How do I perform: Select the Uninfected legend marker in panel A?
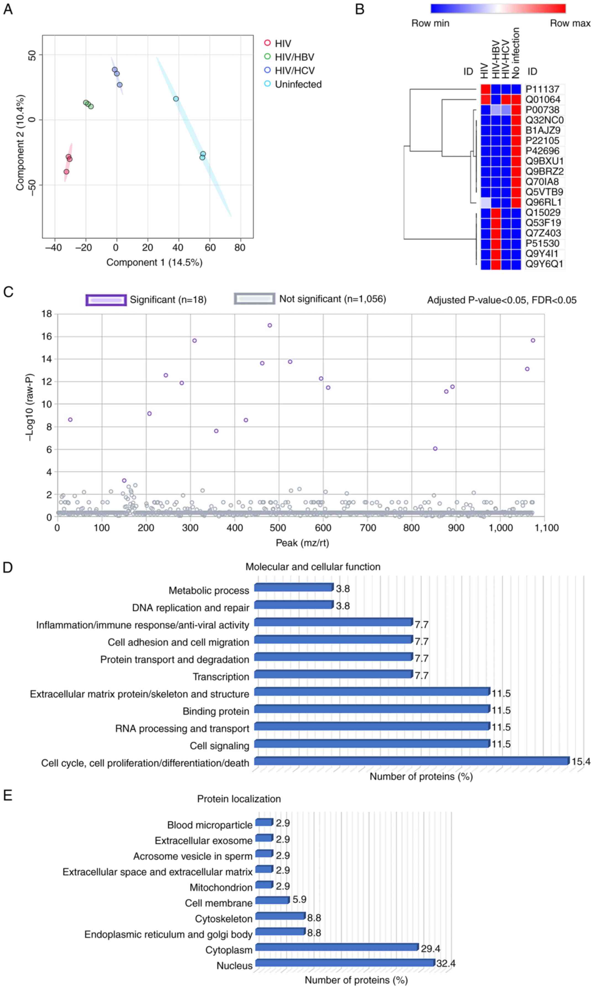click(x=267, y=84)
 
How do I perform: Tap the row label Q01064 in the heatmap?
click(x=543, y=99)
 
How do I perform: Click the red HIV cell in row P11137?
click(x=485, y=89)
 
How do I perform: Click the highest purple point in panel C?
click(x=270, y=325)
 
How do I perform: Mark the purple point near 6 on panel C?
click(x=435, y=448)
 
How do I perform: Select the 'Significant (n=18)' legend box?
click(x=106, y=300)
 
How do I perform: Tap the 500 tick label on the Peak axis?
click(x=278, y=528)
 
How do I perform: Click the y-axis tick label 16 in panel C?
click(x=47, y=336)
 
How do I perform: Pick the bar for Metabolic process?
click(x=293, y=587)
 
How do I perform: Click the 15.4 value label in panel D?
click(x=581, y=762)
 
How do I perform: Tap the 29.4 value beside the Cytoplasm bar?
click(x=430, y=949)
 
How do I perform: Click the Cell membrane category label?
click(x=219, y=903)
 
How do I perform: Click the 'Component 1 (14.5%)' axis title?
click(x=154, y=262)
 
